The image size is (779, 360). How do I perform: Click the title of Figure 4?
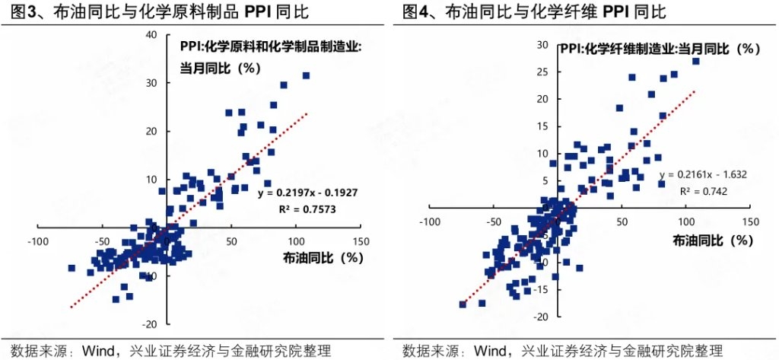[533, 11]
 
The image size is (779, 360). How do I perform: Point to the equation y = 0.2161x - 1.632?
[704, 174]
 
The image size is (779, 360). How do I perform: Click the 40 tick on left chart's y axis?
[151, 34]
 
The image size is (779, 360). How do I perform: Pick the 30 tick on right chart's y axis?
[542, 45]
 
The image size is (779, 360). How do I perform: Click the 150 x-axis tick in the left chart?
[361, 241]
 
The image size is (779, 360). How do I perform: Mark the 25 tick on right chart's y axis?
[542, 72]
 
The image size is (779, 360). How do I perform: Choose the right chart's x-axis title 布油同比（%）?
[712, 240]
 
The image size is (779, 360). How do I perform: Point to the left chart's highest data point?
[307, 75]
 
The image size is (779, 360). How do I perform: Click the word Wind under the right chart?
[491, 351]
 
